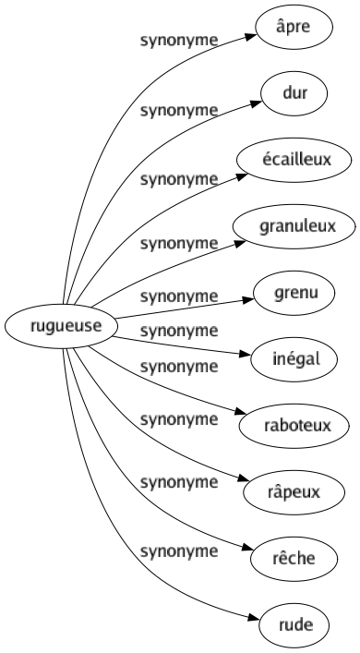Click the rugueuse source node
tap(59, 325)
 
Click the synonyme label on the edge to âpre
tap(178, 42)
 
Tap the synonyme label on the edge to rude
tap(178, 552)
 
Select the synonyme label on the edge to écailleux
tap(178, 178)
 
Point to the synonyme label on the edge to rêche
tap(178, 485)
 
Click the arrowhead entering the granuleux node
tap(246, 240)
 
